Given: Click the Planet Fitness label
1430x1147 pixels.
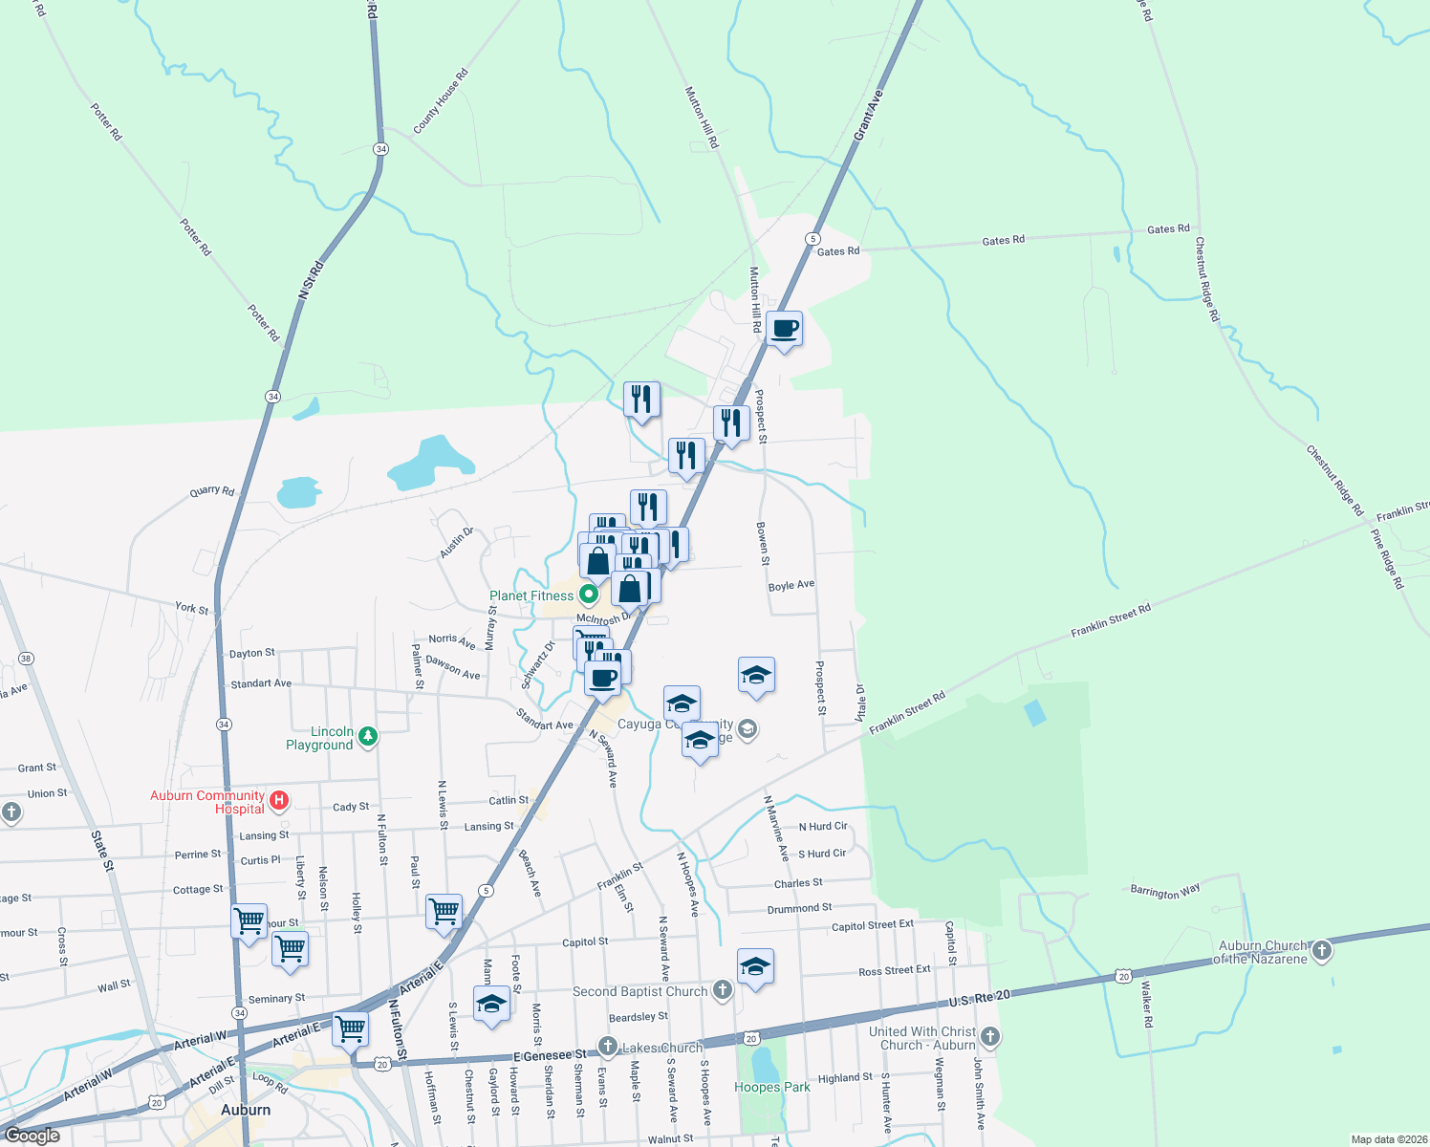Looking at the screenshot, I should tap(531, 595).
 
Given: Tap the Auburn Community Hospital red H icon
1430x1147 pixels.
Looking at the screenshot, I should tap(279, 801).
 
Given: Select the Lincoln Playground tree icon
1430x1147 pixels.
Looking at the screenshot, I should tap(368, 736).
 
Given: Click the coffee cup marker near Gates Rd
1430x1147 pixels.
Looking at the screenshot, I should tap(784, 329).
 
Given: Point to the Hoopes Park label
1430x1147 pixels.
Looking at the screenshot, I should tap(771, 1087).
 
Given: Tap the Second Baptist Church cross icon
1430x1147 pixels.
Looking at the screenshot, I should tap(723, 990).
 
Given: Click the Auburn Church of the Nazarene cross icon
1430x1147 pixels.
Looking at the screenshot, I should tap(1322, 950).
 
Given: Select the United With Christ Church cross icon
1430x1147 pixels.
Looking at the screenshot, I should tap(990, 1036).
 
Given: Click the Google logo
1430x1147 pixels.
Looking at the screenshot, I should tap(32, 1136).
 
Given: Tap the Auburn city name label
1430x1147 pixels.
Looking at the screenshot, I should tap(246, 1110).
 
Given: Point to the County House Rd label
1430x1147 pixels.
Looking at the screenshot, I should tap(441, 101).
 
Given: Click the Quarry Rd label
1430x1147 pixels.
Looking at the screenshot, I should tap(212, 491).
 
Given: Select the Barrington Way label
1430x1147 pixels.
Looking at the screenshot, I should tap(1164, 892).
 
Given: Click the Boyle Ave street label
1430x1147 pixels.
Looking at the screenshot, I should tap(791, 585).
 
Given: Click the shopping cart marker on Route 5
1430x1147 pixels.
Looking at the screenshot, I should tap(444, 911).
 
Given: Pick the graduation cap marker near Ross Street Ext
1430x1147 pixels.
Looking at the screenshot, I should tap(755, 967).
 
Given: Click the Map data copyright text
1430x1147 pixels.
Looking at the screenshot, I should tap(1390, 1139).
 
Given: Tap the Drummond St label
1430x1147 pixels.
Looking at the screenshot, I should tap(799, 908).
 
